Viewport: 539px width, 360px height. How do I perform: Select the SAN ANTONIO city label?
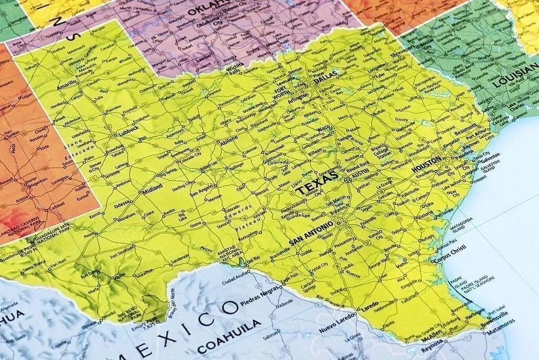tap(311, 233)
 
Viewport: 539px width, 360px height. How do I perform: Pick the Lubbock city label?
tap(128, 130)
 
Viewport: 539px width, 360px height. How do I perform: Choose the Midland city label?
tap(153, 189)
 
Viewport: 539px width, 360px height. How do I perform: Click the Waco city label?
tap(324, 128)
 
